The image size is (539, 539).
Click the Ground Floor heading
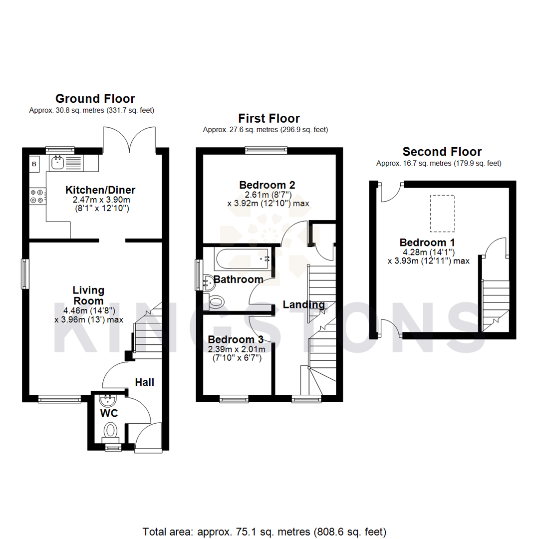pos(95,98)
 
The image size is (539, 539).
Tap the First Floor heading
pos(269,118)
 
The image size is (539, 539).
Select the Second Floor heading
pos(442,152)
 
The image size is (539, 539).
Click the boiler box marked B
pos(34,164)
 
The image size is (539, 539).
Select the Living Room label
pos(88,295)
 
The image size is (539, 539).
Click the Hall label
pos(145,382)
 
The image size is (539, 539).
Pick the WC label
pos(108,414)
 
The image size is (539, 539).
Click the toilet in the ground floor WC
pos(111,430)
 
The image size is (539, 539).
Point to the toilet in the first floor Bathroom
pos(217,301)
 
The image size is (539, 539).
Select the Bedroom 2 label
pos(267,185)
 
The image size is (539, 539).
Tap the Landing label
pos(304,304)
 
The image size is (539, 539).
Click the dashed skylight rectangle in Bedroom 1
pos(442,214)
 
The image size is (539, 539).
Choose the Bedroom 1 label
pos(428,243)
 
